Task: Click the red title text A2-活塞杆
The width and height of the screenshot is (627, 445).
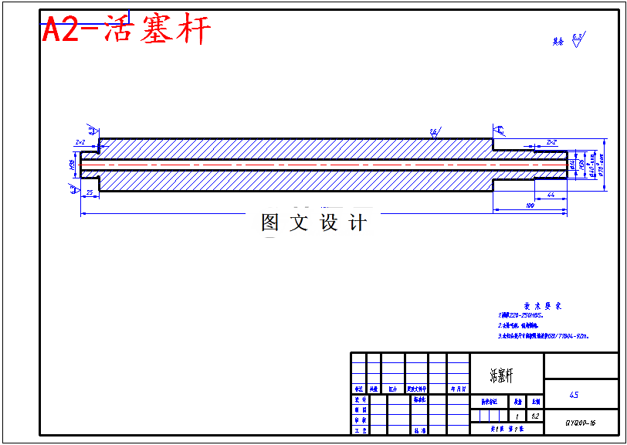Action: pos(126,31)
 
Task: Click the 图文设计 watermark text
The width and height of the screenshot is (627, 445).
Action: pos(313,223)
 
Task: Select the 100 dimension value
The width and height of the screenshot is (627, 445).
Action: pos(530,206)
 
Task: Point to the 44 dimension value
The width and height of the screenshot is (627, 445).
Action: pos(551,195)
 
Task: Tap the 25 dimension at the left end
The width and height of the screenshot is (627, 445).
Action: pos(90,192)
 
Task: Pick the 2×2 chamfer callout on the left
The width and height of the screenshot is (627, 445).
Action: pos(80,143)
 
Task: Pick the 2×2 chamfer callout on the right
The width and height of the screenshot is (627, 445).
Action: pos(551,143)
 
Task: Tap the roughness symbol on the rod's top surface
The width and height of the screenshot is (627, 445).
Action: pos(435,133)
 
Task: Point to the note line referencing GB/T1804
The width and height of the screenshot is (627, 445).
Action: pos(543,336)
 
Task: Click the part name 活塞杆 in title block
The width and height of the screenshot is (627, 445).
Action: pos(501,375)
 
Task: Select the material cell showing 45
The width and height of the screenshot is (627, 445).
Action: pos(574,395)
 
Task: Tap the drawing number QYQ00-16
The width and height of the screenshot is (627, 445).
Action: pos(580,423)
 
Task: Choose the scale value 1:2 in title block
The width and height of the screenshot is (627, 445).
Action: pos(536,416)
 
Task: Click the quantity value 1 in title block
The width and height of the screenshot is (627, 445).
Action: pos(517,416)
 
